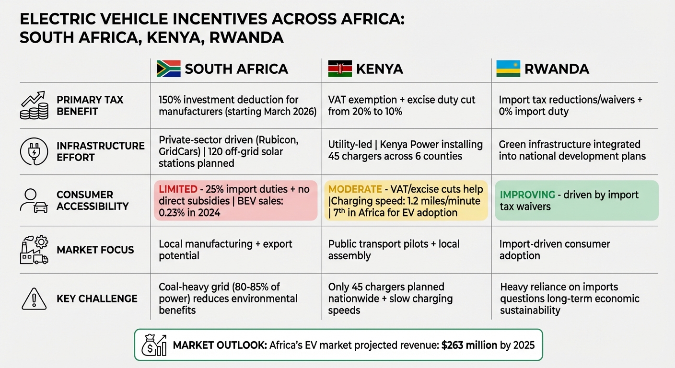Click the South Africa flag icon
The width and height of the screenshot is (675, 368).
click(168, 69)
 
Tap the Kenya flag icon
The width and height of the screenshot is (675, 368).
click(340, 69)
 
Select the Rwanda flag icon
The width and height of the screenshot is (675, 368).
click(508, 69)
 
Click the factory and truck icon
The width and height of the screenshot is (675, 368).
click(34, 250)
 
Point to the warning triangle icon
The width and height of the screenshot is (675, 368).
click(34, 299)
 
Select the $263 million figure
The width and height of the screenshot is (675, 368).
click(469, 345)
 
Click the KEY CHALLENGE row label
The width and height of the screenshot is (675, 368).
click(97, 299)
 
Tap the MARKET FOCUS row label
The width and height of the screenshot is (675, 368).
click(95, 250)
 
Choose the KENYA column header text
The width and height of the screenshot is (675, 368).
click(379, 69)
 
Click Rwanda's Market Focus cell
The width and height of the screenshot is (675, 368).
click(554, 250)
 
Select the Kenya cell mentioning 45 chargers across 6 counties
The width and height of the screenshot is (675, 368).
click(405, 150)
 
